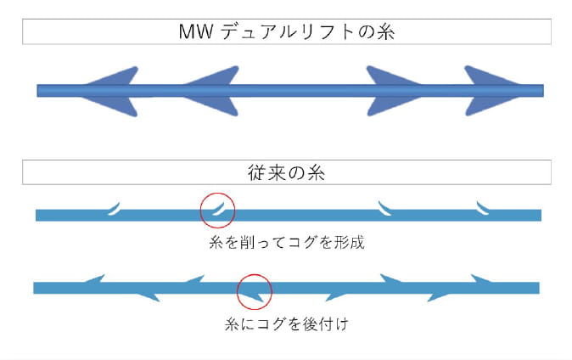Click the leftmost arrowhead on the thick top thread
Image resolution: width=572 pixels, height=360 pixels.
click(106, 89)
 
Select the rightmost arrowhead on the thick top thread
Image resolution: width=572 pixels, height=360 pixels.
click(491, 89)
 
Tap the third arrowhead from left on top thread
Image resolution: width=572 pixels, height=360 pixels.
click(394, 89)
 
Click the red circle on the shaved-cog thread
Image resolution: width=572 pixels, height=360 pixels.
click(217, 208)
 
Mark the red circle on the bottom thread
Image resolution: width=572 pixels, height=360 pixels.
click(255, 291)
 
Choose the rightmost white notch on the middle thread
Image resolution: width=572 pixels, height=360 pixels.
click(483, 206)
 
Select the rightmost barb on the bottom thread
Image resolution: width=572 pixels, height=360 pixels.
click(483, 279)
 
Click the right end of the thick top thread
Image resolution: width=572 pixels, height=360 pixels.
click(541, 90)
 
